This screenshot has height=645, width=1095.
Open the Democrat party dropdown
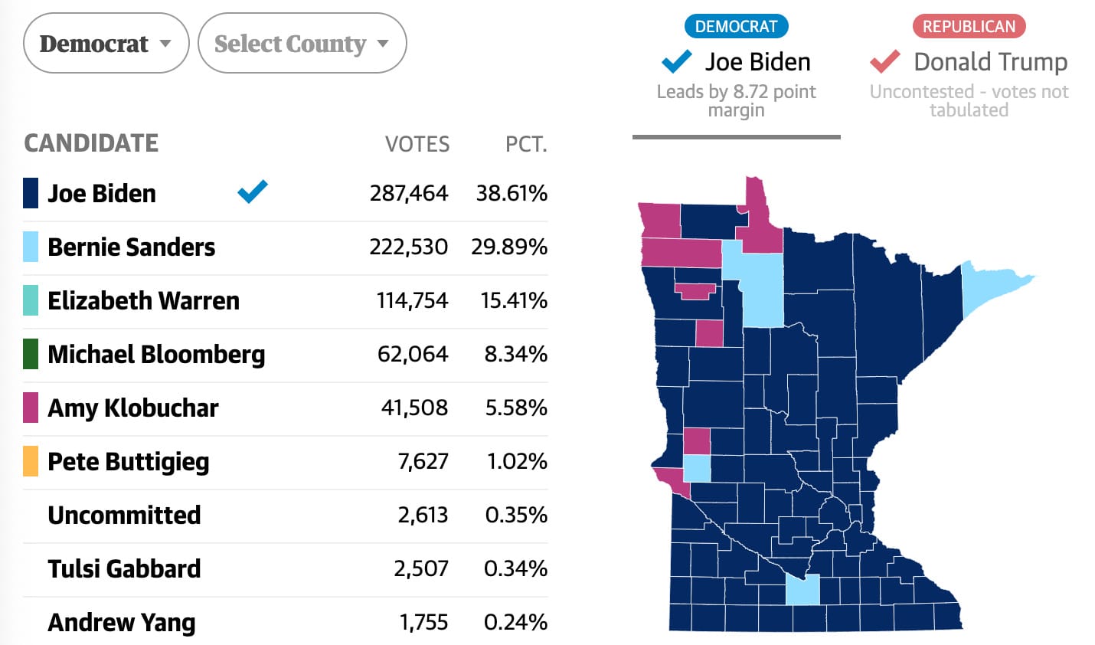(x=106, y=44)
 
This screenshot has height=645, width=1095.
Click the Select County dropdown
(x=302, y=44)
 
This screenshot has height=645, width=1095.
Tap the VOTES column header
(x=417, y=144)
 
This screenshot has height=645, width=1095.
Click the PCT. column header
(x=526, y=144)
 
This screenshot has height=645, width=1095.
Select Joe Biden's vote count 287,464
(x=408, y=193)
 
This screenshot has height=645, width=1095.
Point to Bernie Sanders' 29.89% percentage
(x=509, y=247)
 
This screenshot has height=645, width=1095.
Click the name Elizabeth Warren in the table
(x=143, y=300)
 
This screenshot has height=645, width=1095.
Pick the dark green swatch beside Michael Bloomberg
(x=31, y=354)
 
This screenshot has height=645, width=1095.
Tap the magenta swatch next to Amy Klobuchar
(x=31, y=408)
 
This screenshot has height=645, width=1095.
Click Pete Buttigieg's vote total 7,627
(x=423, y=461)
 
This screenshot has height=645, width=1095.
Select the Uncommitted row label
(x=124, y=515)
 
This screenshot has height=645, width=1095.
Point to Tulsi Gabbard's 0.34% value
(x=515, y=568)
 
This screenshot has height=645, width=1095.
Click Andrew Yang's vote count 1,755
(x=423, y=622)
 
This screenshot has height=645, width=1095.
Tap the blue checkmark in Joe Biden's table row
(x=253, y=192)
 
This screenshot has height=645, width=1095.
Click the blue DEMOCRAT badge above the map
(x=736, y=26)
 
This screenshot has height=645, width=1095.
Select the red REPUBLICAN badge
(x=969, y=26)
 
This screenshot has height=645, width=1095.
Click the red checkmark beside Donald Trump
(x=884, y=61)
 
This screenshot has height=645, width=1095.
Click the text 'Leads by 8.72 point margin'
(x=736, y=100)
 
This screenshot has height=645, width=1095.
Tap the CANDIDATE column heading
(x=91, y=143)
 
